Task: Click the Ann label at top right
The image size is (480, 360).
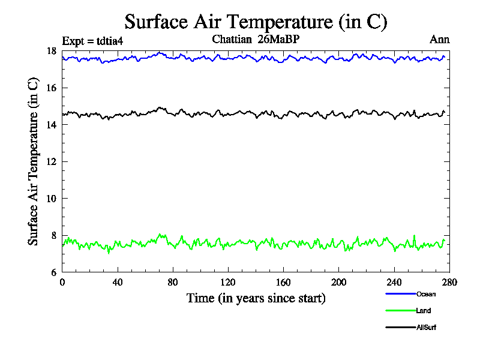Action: click(x=439, y=40)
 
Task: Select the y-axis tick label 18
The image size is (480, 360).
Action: click(x=52, y=51)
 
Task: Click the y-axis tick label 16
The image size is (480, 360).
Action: click(x=52, y=88)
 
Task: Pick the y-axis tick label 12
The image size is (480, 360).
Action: click(x=52, y=162)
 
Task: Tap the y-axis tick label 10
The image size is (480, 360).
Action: click(x=52, y=199)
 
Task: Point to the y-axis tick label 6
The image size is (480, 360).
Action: click(x=55, y=272)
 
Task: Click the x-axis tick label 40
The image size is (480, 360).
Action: click(x=118, y=283)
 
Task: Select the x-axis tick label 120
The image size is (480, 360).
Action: click(x=228, y=283)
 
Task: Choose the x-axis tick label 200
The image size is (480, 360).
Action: click(x=339, y=283)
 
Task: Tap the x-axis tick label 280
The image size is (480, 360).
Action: click(x=449, y=283)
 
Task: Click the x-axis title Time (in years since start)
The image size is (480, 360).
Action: click(x=256, y=298)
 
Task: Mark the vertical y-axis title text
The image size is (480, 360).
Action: click(x=34, y=161)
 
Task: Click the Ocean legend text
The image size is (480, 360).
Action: click(x=426, y=294)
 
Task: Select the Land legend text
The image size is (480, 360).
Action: click(x=424, y=311)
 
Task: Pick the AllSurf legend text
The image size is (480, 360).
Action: click(x=426, y=328)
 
